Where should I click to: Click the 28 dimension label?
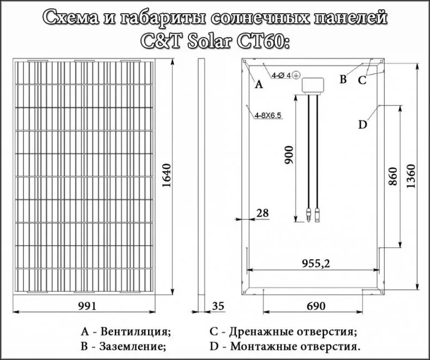262,213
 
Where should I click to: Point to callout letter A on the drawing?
259,84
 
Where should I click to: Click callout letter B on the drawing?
343,80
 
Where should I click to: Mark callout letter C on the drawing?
362,81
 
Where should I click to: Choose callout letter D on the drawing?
363,124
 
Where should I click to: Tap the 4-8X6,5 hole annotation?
267,115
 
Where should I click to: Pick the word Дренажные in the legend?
258,331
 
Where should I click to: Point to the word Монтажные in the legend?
260,346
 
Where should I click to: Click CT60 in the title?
263,42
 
